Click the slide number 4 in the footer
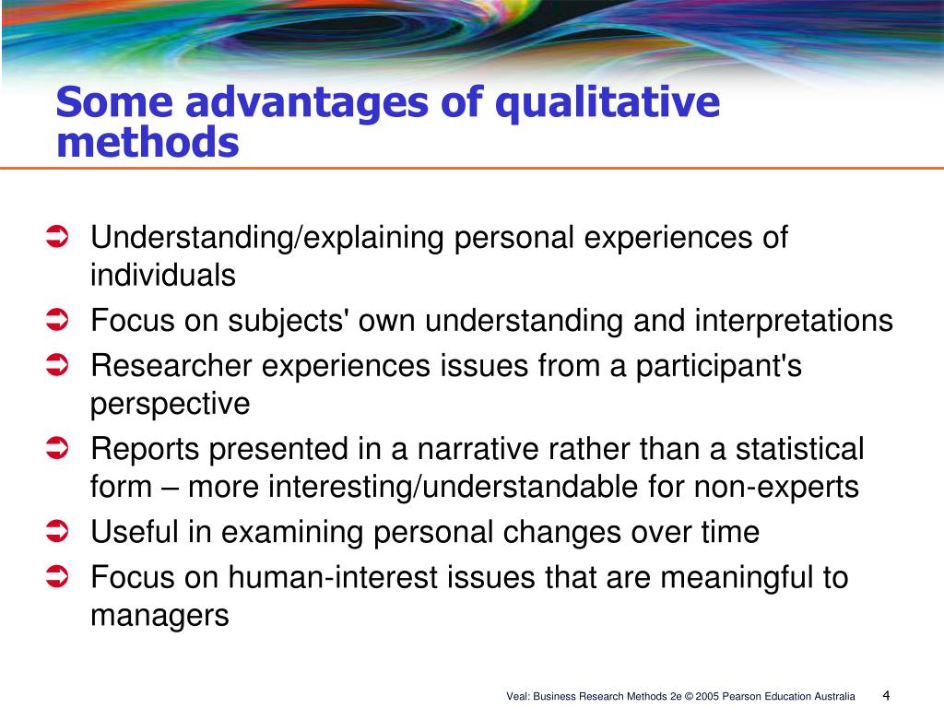click(886, 694)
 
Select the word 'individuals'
click(162, 275)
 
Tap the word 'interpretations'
click(794, 321)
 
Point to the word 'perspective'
click(170, 404)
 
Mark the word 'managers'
click(159, 615)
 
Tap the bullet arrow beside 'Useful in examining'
click(57, 532)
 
